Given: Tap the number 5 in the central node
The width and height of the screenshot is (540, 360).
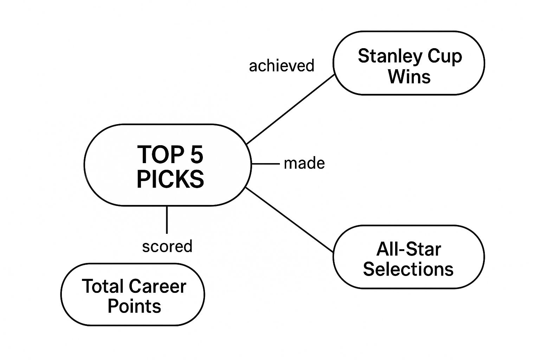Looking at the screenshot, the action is pos(197,155).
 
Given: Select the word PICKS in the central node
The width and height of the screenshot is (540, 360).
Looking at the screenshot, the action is pos(170,179).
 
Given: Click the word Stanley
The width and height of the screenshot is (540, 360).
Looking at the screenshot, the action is pos(384,57).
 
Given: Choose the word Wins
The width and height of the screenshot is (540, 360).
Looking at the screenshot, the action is pos(409,76).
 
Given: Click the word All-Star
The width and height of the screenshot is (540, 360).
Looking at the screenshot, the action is pos(409,249).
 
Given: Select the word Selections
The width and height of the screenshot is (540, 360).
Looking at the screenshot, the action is pos(408,269).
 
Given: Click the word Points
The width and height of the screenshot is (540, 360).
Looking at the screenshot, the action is pos(134,306).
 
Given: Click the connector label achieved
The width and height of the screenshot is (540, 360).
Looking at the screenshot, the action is pos(281,66).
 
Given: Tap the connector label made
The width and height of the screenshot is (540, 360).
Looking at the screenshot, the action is pos(304,163).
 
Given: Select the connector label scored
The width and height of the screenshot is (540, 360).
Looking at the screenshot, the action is pos(167,246).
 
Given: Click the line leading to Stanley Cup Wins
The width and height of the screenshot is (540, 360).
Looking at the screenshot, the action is pos(290,109).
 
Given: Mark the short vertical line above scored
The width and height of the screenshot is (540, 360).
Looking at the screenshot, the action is pos(167,220).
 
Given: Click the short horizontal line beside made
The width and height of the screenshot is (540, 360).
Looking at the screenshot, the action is pos(265,164).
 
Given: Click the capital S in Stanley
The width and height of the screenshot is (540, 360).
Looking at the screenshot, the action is pos(364,56).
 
